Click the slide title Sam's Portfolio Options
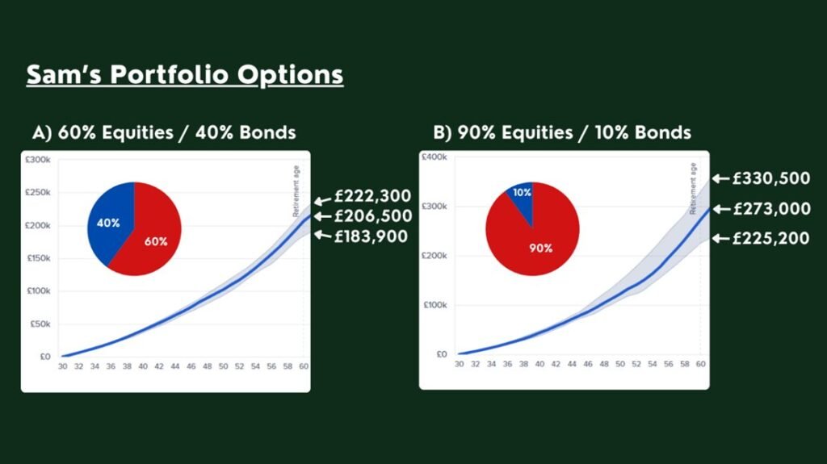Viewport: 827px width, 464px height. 185,75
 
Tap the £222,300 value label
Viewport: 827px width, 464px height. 372,196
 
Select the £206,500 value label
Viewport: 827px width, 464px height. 373,216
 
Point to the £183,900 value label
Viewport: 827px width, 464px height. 371,236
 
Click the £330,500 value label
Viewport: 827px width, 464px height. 771,179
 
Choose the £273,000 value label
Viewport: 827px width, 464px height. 771,209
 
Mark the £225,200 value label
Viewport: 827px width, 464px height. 770,238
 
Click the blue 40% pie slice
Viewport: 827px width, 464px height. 108,221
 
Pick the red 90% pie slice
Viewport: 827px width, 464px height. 533,243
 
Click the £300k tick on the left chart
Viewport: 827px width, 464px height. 38,160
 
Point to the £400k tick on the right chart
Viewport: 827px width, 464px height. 434,157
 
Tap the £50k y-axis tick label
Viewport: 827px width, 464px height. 40,324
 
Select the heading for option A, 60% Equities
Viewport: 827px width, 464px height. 164,132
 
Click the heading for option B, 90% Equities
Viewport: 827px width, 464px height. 562,132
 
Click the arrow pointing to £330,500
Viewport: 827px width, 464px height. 720,179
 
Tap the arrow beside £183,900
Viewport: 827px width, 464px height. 323,235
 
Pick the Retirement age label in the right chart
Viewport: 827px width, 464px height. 693,188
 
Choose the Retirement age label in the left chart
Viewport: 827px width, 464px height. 296,191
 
